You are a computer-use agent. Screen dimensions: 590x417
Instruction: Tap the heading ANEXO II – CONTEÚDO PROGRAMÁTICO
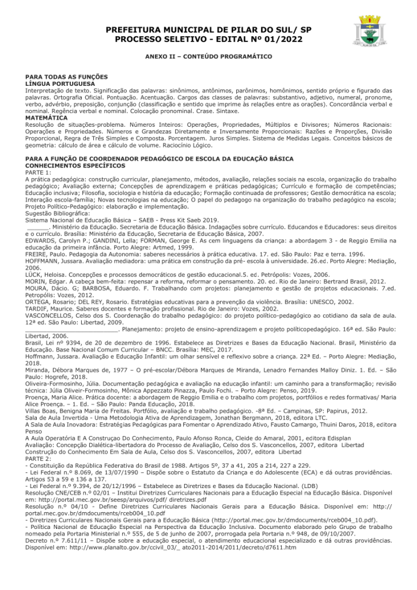[x=208, y=57]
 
